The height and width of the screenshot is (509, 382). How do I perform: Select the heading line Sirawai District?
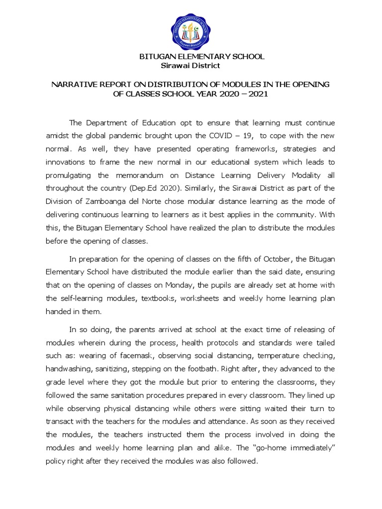191,66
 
